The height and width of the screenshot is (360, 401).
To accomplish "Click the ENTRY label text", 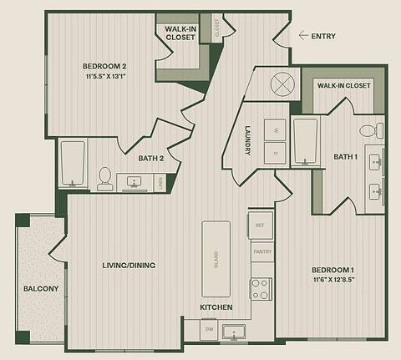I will pos(323,36).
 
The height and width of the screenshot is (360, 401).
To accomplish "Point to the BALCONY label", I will pos(41,289).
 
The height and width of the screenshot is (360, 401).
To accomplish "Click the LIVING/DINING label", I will pos(129,265).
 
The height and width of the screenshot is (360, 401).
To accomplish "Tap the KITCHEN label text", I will pos(216,308).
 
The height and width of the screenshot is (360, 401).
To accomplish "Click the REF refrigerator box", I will pos(260,224).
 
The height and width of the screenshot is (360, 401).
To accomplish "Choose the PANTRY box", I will pos(261,251).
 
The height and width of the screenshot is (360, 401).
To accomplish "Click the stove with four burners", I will pos(261,288).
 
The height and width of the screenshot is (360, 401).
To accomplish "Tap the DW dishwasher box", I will pos(210,330).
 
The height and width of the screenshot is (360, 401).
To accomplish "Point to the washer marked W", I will pos(275,129).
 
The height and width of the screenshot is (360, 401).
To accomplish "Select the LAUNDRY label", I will pos(249,141).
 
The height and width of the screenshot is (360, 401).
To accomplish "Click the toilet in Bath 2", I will pos(104,178).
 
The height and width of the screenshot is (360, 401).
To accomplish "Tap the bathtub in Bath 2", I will pos(73,164).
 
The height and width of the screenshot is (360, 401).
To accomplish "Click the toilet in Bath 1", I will pos(370,131).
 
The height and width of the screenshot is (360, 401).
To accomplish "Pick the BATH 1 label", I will pos(345,156).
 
